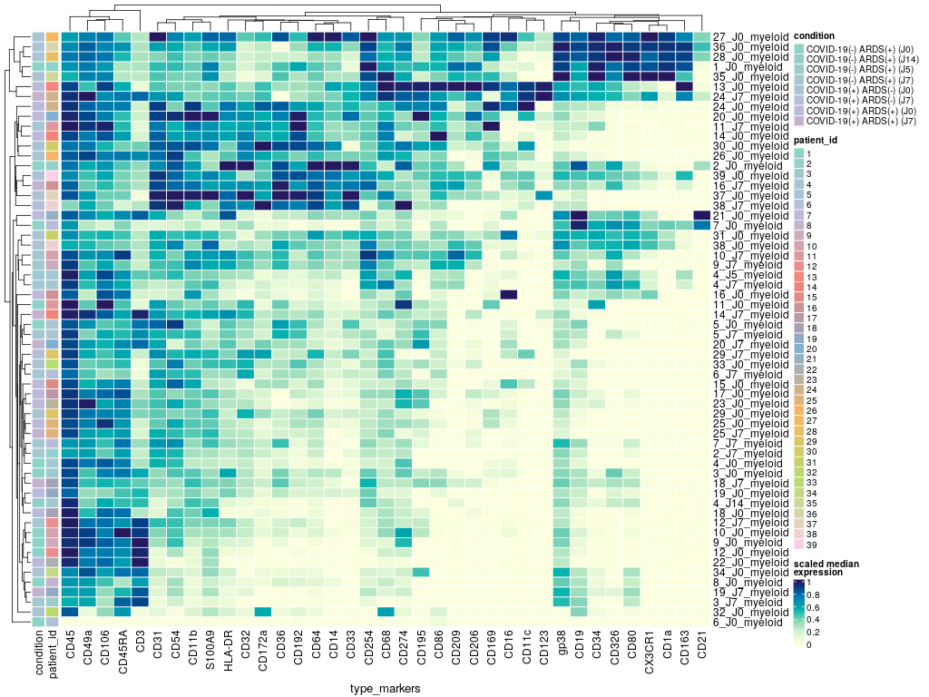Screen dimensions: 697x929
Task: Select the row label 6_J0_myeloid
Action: (748, 622)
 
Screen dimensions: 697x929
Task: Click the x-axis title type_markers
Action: (385, 689)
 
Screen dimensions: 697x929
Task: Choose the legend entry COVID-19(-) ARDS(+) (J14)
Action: (862, 59)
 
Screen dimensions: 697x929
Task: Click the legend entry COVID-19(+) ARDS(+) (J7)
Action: (861, 120)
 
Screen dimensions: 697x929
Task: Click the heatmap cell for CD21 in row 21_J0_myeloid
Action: (701, 215)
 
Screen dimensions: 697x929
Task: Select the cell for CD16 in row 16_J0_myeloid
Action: (508, 294)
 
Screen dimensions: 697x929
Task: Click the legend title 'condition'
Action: (815, 35)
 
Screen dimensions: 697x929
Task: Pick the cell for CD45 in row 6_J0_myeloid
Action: (70, 622)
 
